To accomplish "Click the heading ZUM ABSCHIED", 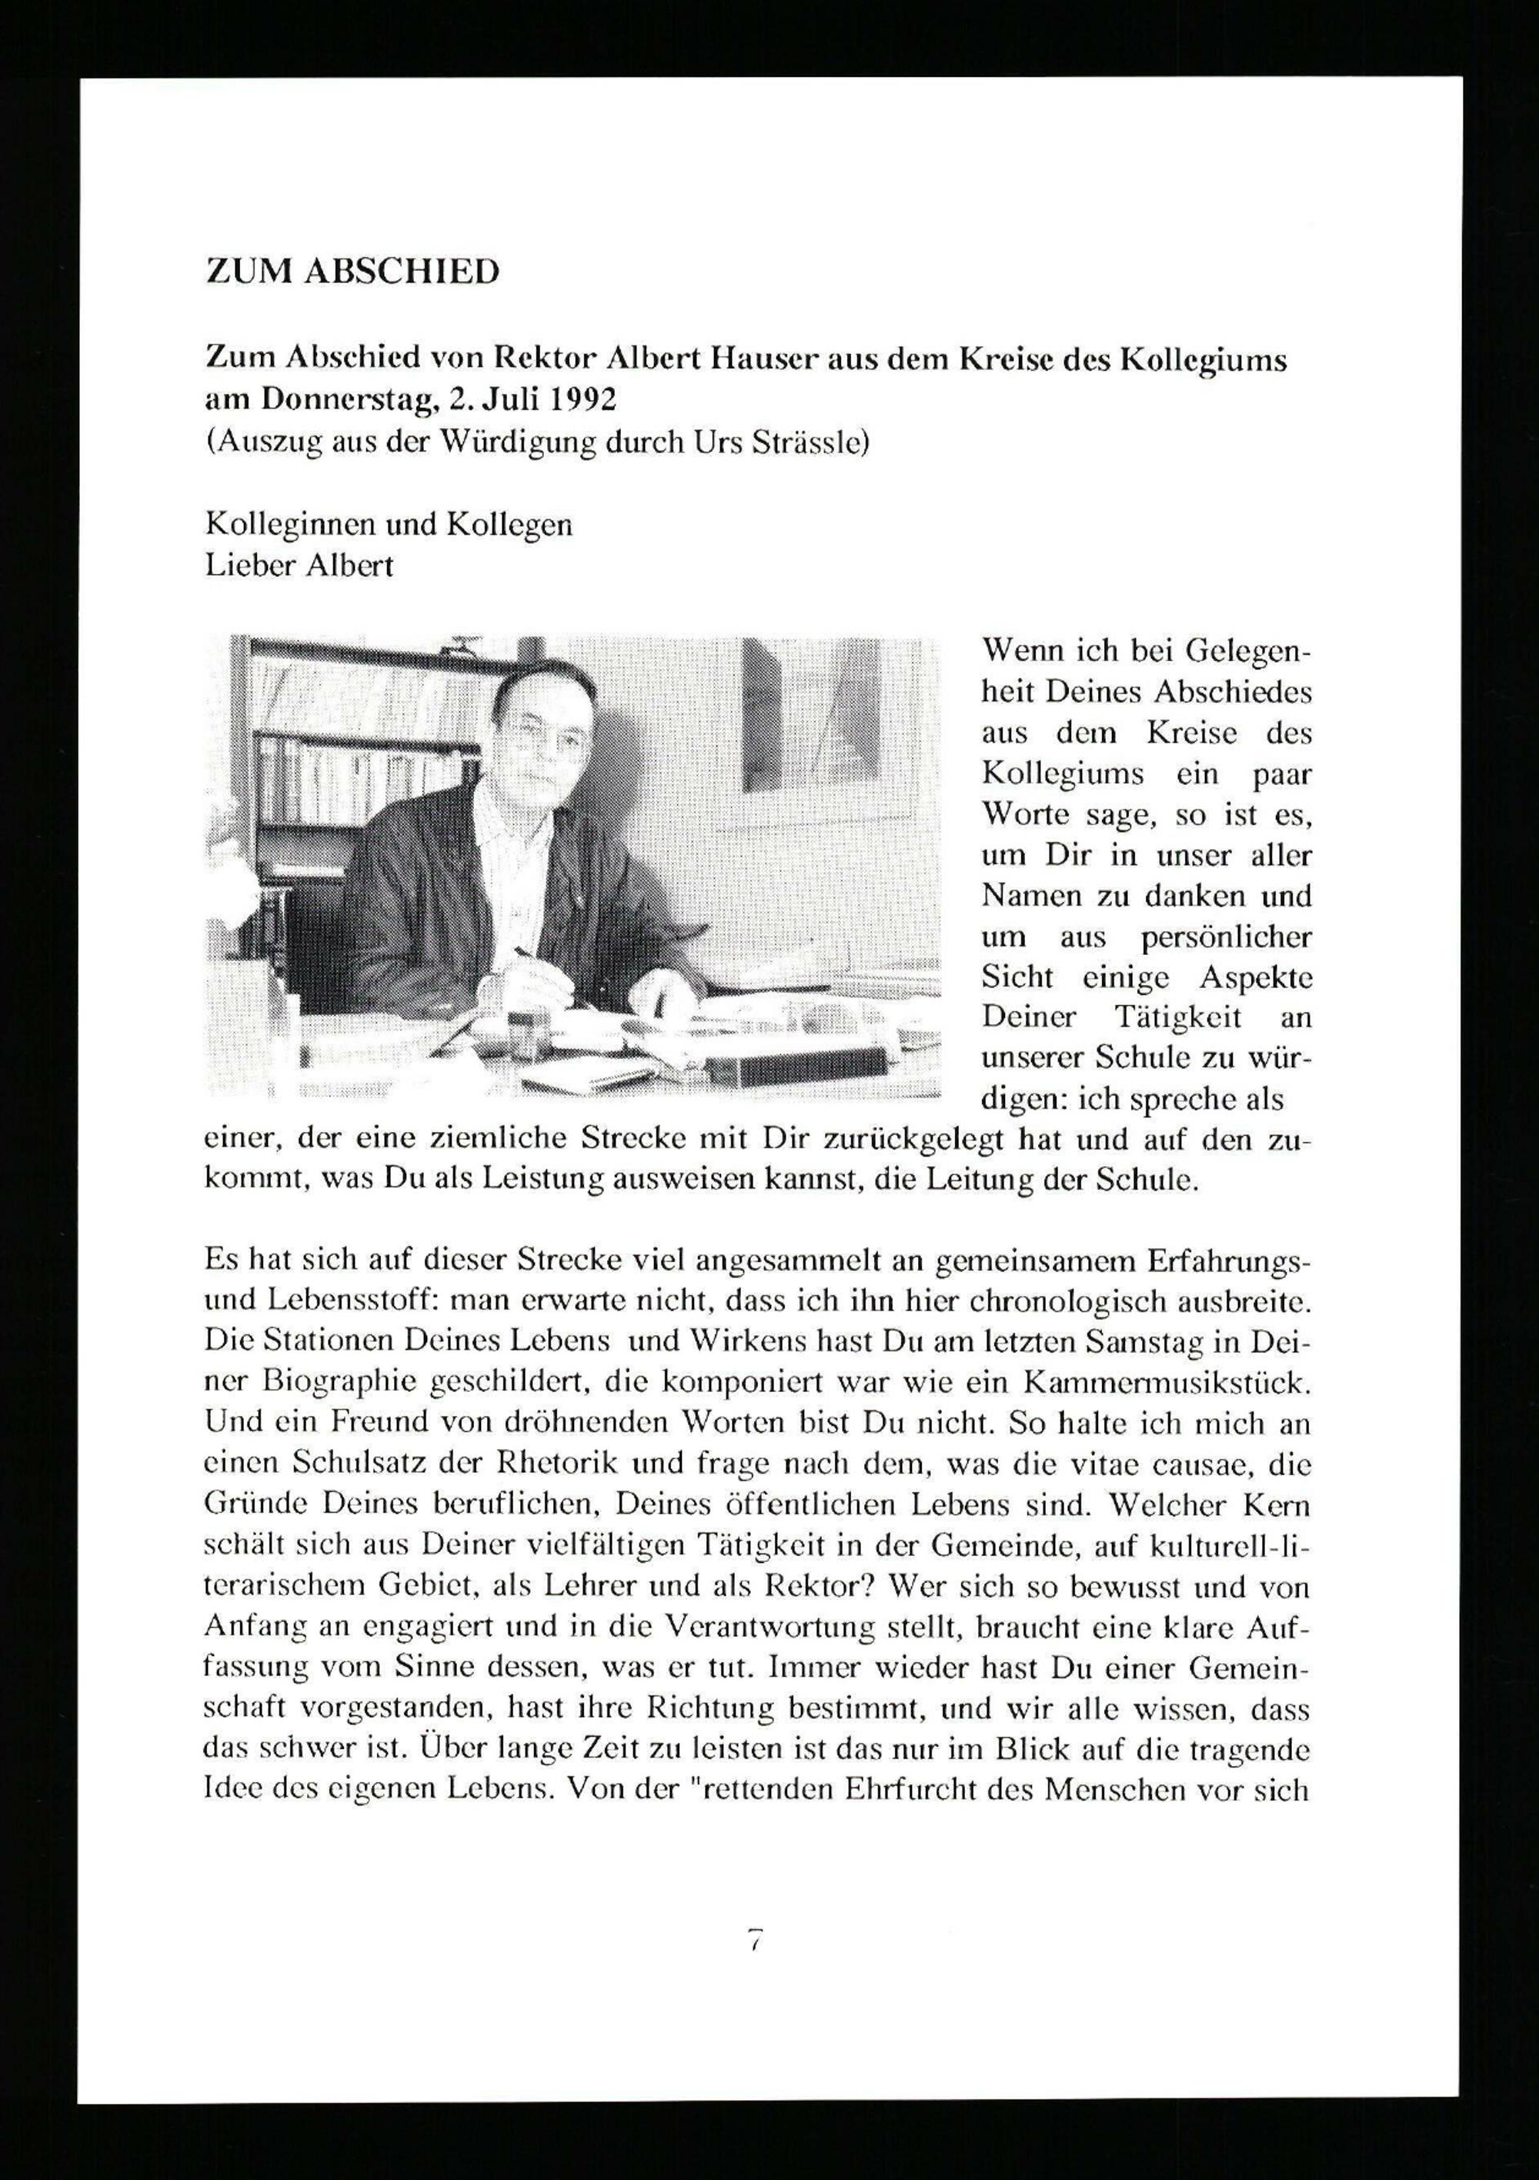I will pos(352,272).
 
